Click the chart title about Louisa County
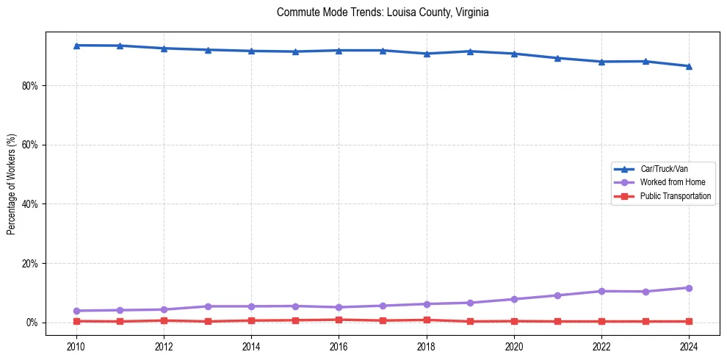tap(383, 12)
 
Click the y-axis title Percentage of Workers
tap(12, 184)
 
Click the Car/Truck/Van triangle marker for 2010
tap(76, 46)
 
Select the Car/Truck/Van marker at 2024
tap(689, 66)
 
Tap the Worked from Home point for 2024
tap(689, 288)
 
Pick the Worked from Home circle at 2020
tap(514, 299)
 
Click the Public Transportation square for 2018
tap(427, 320)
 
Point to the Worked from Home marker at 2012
tap(164, 309)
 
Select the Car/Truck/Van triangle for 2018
tap(427, 54)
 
